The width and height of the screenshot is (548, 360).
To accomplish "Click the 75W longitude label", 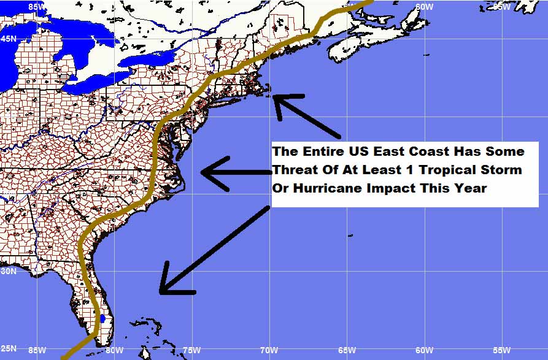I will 191,350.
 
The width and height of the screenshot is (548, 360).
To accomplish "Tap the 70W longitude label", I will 268,350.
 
